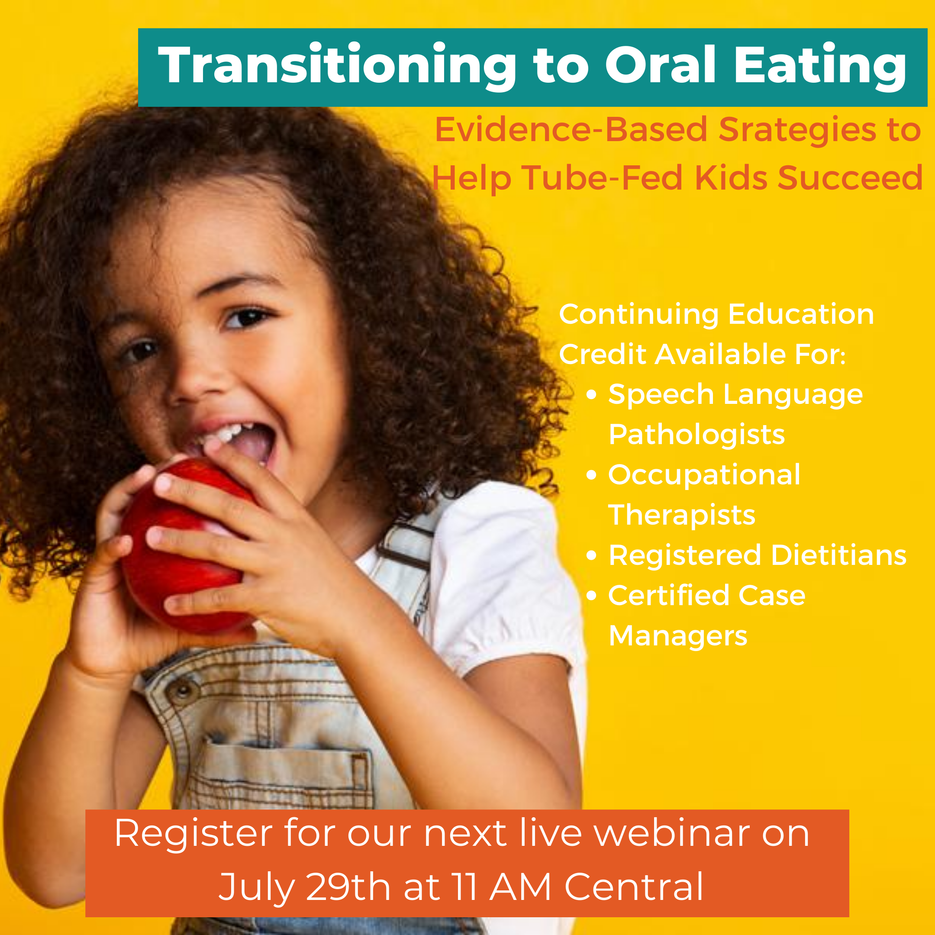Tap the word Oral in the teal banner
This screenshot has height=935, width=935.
[661, 64]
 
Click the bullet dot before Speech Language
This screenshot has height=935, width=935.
[591, 394]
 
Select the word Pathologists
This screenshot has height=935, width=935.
[696, 434]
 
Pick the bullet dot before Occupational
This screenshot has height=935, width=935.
[591, 475]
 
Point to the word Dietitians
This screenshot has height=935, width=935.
[839, 555]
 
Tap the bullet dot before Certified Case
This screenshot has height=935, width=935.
[591, 595]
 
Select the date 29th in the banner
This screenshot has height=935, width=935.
[348, 887]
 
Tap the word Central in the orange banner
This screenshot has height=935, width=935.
[634, 887]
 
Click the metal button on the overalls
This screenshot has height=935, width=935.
[183, 690]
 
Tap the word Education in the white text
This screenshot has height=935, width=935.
[801, 314]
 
